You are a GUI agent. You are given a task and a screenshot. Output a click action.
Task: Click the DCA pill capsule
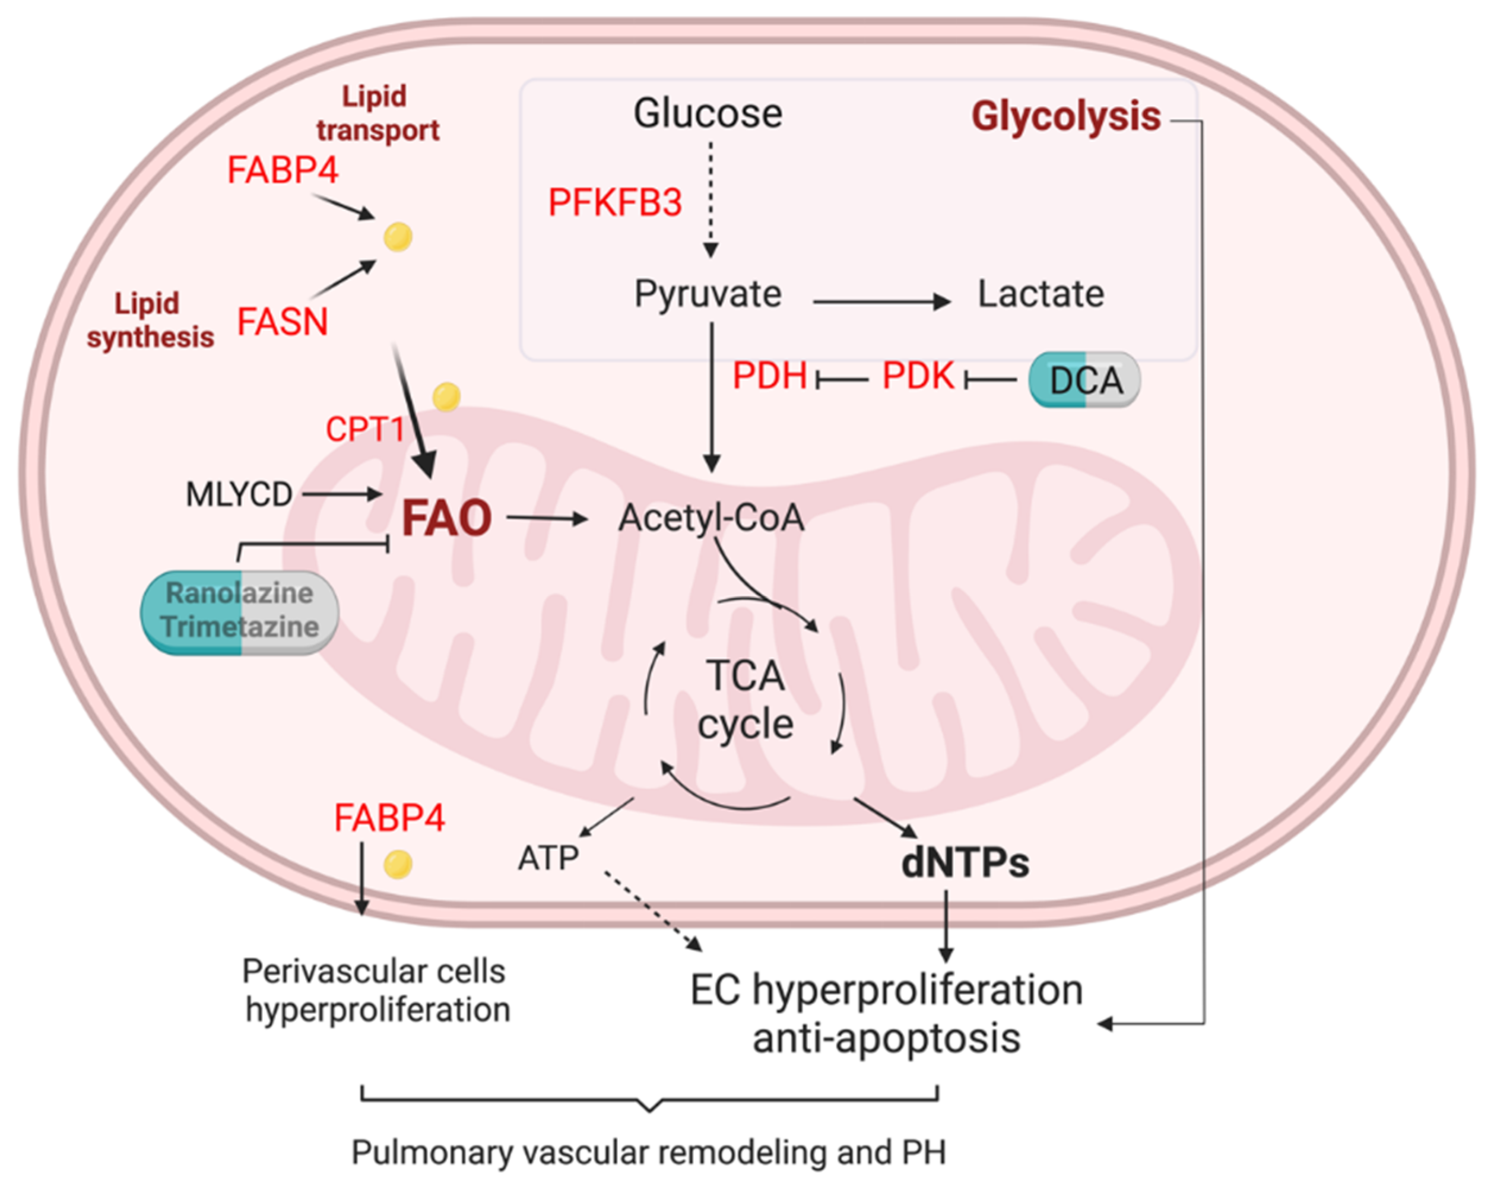1084,380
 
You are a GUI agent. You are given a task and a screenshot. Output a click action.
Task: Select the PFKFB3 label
615,202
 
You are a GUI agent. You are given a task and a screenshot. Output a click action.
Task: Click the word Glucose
708,113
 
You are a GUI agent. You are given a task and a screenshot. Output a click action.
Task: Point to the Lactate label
1040,294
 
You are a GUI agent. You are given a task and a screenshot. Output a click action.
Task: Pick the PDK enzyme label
918,376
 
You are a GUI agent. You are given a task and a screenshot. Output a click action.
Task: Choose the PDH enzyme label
769,376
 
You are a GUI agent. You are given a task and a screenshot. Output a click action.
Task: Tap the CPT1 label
365,430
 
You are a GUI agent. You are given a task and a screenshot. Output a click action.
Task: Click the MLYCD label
239,494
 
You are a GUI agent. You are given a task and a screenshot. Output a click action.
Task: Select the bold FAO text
447,518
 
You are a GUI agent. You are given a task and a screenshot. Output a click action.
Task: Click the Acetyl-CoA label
711,518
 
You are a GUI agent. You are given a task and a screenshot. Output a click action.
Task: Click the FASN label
282,322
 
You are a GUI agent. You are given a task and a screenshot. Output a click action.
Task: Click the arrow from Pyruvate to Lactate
881,301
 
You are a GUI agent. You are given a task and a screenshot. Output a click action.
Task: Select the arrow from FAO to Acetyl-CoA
547,518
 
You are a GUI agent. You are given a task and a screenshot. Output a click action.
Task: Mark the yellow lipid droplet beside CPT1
446,397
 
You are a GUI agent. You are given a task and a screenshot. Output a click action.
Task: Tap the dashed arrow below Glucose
710,201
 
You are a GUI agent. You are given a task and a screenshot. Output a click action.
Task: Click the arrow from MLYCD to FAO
342,494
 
